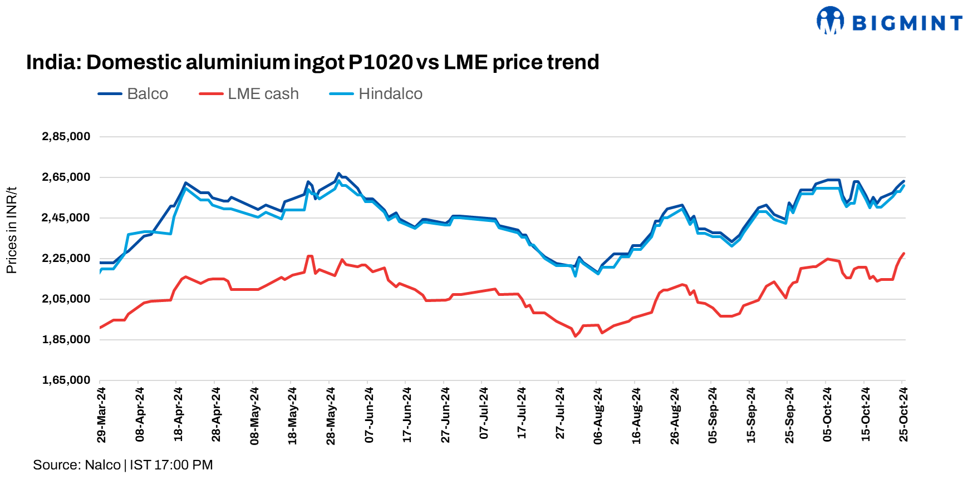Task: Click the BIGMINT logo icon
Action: (830, 21)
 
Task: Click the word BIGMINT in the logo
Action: (907, 23)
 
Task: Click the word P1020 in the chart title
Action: (381, 62)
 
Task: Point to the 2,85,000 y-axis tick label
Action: (66, 137)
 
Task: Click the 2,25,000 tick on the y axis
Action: (66, 259)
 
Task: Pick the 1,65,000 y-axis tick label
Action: (66, 380)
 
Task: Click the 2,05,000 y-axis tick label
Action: (66, 299)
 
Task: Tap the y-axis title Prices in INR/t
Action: (12, 230)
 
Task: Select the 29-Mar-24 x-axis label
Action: (101, 415)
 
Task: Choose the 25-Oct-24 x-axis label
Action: (903, 415)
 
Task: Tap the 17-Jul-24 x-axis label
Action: (522, 414)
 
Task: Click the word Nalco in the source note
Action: (103, 465)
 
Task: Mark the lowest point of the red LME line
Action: (576, 336)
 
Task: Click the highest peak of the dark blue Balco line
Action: (338, 174)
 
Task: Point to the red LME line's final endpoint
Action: (903, 254)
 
